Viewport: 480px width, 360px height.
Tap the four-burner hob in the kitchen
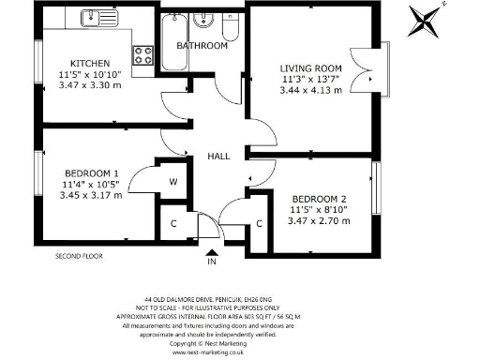[x=143, y=55]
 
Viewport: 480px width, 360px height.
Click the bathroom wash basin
[x=202, y=20]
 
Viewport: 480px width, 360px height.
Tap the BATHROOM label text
[x=202, y=45]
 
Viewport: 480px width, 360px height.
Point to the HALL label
[x=218, y=157]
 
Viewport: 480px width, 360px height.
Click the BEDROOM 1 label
[x=91, y=174]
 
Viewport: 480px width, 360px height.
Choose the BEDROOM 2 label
[x=320, y=199]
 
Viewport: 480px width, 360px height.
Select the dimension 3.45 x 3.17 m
[x=91, y=197]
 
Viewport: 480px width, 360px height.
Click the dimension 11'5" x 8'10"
[x=320, y=210]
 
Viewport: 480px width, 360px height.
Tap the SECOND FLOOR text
[x=79, y=255]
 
